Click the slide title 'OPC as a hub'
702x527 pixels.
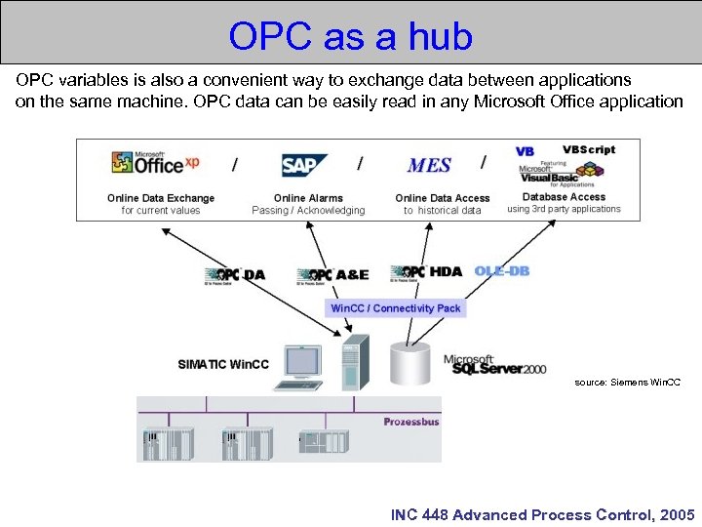point(350,36)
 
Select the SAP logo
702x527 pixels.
point(304,165)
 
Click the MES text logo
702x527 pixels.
point(429,165)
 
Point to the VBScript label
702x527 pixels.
point(588,149)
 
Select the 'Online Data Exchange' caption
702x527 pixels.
point(161,198)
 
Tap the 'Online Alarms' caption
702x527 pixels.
point(308,198)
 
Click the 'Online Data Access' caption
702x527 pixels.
point(443,198)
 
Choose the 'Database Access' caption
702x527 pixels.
point(564,197)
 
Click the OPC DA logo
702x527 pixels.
point(235,275)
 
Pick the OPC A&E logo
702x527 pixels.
point(332,275)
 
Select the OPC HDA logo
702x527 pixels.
point(426,271)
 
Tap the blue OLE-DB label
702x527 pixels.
point(502,270)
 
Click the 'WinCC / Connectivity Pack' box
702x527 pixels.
point(395,308)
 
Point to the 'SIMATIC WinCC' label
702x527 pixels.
point(223,365)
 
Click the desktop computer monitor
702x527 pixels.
point(301,364)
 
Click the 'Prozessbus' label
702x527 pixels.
point(410,422)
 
